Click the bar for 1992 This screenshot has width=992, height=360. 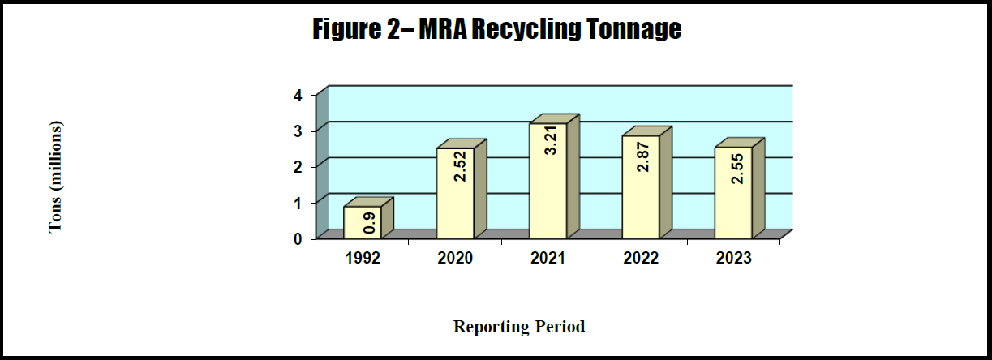tap(362, 221)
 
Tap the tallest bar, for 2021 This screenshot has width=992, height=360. tap(548, 180)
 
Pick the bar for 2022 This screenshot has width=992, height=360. tap(640, 186)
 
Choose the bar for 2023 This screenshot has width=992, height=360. tap(732, 192)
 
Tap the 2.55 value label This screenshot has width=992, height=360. tap(737, 168)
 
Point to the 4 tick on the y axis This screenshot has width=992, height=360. tap(298, 95)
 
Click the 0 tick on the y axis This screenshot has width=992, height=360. tap(298, 238)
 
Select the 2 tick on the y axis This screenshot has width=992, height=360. tap(298, 166)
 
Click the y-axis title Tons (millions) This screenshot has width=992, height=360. tap(55, 177)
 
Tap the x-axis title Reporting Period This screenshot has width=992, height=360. tap(519, 327)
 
